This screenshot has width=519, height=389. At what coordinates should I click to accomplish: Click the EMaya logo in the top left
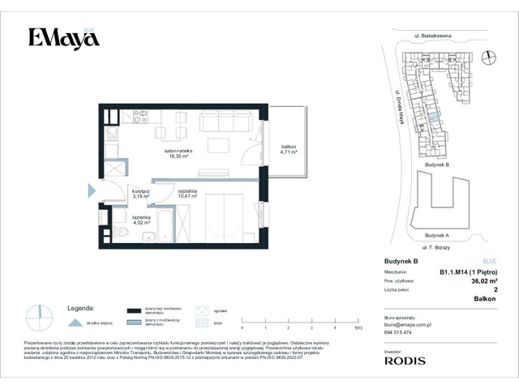(58, 38)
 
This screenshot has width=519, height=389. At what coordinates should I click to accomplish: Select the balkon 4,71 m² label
(288, 149)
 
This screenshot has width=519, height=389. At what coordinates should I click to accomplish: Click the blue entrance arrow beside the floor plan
(91, 192)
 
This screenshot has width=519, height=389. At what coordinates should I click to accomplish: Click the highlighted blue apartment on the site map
(435, 121)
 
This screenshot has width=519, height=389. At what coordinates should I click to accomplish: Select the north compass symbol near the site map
(488, 56)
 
